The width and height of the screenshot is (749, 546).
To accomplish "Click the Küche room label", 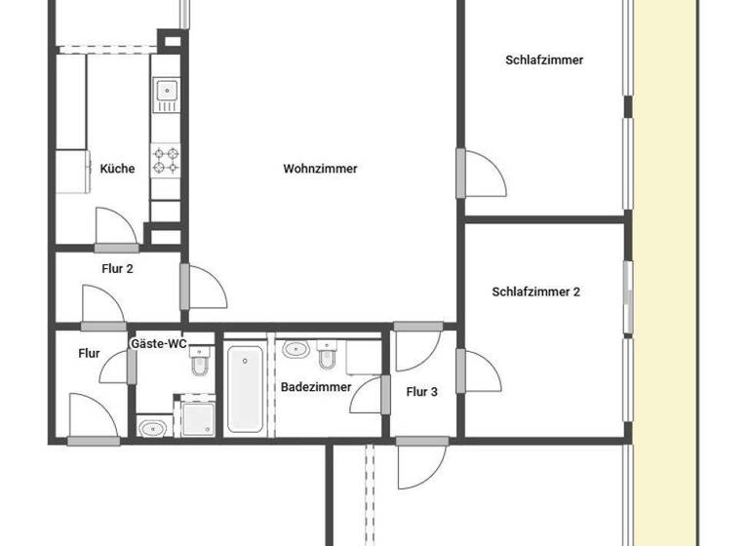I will click(x=117, y=169).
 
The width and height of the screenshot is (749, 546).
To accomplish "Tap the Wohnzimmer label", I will click(x=320, y=169).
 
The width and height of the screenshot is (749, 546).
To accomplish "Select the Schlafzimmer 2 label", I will click(x=536, y=292).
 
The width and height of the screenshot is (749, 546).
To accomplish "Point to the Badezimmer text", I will click(x=316, y=387).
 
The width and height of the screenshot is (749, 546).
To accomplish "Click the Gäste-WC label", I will click(x=158, y=344).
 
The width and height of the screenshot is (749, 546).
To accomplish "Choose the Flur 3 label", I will click(x=421, y=392).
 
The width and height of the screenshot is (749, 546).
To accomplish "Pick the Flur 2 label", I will click(x=117, y=269).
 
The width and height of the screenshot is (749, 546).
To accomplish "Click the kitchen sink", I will click(x=165, y=94).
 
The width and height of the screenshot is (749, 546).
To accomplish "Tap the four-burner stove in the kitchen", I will click(x=166, y=159).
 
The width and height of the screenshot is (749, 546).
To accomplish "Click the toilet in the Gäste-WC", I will click(x=200, y=362).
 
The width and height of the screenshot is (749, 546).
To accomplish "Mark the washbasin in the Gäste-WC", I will click(x=152, y=427).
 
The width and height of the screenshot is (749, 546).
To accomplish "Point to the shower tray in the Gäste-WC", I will click(x=196, y=417).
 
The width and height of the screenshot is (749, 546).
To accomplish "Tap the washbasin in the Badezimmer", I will click(x=296, y=347).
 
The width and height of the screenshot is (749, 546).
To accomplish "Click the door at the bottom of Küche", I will click(x=116, y=230).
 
